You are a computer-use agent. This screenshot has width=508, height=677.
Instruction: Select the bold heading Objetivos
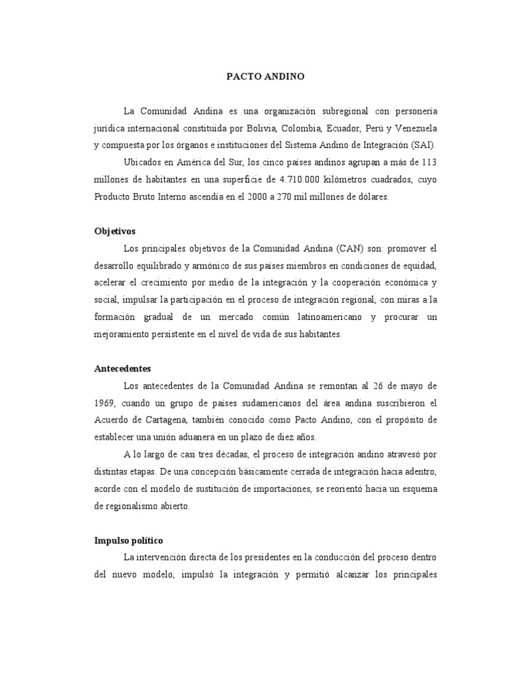pyautogui.click(x=114, y=231)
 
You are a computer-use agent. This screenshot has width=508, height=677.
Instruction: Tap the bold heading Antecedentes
pyautogui.click(x=122, y=368)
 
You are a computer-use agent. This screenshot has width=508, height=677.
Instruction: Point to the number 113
pyautogui.click(x=429, y=163)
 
